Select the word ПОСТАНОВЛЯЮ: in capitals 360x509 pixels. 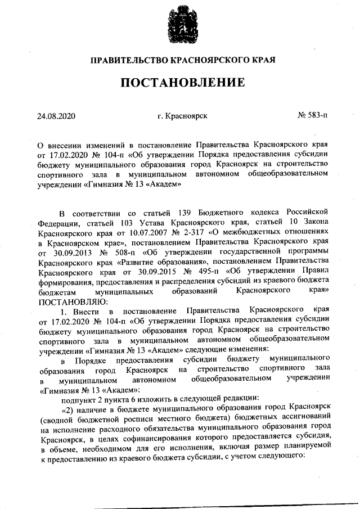(x=66, y=301)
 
